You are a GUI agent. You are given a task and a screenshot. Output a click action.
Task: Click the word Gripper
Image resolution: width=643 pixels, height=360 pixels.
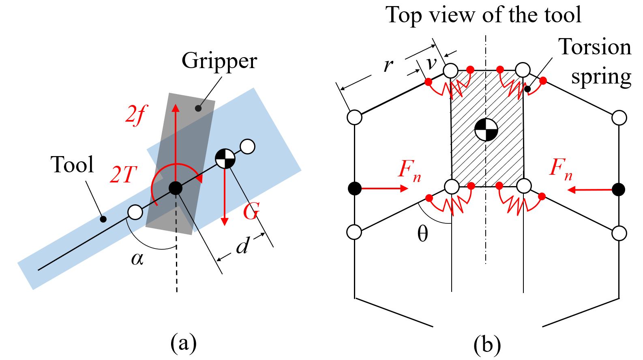(x=219, y=61)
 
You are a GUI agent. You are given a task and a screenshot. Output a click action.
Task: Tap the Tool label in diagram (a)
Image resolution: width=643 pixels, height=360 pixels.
(x=72, y=165)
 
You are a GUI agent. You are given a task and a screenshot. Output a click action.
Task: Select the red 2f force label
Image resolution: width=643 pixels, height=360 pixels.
(x=136, y=115)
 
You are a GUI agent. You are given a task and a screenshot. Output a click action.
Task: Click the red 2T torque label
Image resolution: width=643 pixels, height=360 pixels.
(x=123, y=175)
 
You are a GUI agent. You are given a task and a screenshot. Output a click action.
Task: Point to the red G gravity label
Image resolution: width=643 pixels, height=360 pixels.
(x=251, y=212)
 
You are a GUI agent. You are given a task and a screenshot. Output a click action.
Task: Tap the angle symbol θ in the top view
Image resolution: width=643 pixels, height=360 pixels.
(x=422, y=234)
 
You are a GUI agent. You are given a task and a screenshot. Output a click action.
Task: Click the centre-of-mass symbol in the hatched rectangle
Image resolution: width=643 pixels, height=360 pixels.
(x=486, y=130)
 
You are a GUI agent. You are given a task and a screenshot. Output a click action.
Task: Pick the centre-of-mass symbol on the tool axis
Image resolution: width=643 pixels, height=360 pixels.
(x=225, y=159)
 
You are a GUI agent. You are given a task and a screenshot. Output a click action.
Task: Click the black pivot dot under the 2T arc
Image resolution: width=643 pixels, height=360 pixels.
(x=175, y=188)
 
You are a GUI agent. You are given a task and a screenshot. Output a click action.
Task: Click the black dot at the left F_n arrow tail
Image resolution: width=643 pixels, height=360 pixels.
(x=355, y=189)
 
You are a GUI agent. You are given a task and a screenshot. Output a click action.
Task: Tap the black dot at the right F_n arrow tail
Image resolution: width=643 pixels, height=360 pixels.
(x=619, y=189)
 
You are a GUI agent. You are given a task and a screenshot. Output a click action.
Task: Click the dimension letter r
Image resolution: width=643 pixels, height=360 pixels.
(x=388, y=65)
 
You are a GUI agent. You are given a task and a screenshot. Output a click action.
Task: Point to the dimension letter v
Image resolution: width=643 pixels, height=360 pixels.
(x=431, y=63)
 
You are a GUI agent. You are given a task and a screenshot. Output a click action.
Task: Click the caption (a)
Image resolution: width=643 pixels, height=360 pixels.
(x=184, y=343)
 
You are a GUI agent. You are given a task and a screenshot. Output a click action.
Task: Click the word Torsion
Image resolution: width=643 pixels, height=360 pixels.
(x=595, y=47)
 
